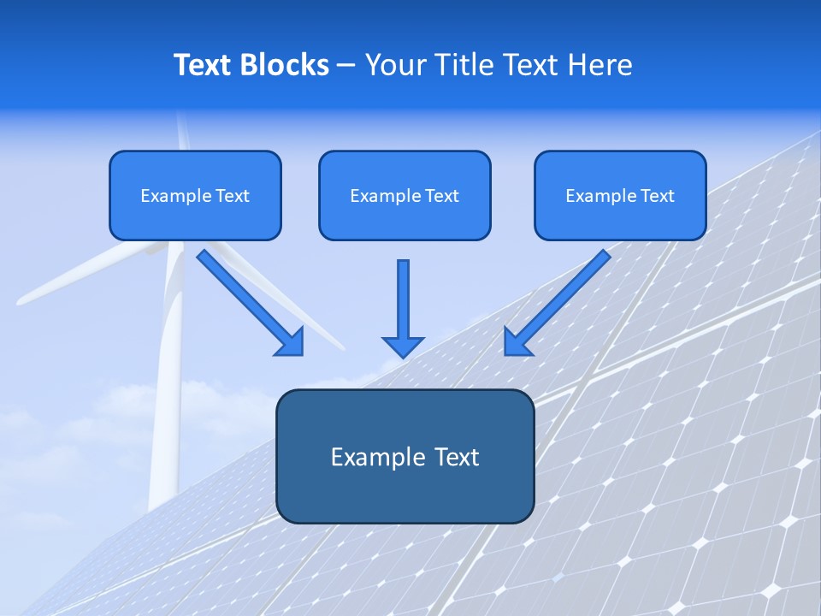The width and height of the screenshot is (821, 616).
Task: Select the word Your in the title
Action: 396,65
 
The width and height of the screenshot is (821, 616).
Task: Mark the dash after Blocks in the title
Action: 346,66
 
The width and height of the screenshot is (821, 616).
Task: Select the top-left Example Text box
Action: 195,195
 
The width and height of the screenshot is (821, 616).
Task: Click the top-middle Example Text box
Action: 405,195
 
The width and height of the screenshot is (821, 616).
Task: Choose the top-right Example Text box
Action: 620,195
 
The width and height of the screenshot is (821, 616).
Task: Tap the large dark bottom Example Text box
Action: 405,456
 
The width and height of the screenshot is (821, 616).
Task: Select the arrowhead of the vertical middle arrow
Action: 403,346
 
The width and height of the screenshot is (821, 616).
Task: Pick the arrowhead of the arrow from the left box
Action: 291,341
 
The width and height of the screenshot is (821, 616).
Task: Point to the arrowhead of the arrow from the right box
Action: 517,341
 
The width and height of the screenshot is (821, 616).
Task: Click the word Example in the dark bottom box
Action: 366,456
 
